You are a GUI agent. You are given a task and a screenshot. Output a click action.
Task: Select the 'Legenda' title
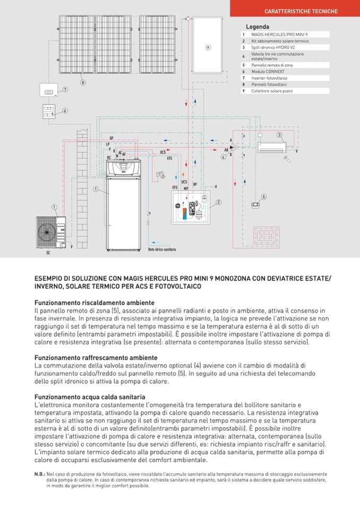(258, 27)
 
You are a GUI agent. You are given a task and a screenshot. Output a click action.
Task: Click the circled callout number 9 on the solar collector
(208, 47)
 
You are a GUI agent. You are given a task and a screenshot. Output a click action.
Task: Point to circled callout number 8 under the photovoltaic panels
(83, 82)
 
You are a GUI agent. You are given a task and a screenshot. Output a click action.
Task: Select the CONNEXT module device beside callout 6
(49, 111)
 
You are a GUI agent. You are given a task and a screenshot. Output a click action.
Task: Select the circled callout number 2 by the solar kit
(218, 202)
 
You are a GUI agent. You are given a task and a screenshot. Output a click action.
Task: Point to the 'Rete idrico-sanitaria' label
(162, 249)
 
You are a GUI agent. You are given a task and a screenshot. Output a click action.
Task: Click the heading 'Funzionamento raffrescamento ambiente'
(96, 358)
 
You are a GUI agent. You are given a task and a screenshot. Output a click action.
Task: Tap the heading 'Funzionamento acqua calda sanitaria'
(90, 397)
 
